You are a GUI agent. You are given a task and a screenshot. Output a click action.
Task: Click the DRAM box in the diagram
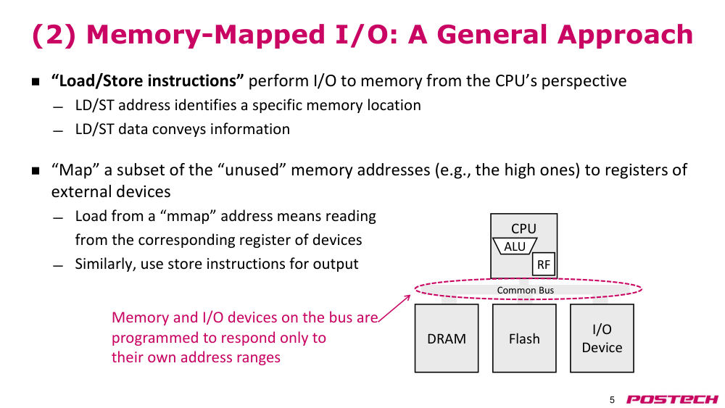pos(447,338)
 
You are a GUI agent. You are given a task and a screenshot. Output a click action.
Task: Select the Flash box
pos(524,338)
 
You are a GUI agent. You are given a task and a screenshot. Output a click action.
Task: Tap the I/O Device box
pos(602,338)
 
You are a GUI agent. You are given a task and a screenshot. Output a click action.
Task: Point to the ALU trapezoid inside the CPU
pos(515,246)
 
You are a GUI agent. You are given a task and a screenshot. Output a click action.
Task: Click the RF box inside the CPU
pos(543,265)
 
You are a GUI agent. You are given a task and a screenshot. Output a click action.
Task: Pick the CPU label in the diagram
pos(524,228)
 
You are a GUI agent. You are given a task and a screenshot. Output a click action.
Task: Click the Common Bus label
pos(525,290)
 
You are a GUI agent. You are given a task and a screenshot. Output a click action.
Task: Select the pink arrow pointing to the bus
pos(394,308)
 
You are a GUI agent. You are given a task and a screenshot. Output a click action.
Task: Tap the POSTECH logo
pos(672,399)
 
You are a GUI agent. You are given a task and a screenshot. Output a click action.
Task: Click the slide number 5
pos(612,400)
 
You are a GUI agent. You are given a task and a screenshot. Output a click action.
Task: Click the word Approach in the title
pos(625,35)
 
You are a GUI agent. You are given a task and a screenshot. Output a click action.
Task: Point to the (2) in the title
pos(54,35)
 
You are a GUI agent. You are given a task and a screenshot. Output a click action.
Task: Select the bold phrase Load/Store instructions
pos(147,80)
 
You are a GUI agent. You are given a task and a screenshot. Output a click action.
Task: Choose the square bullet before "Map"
pos(36,171)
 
